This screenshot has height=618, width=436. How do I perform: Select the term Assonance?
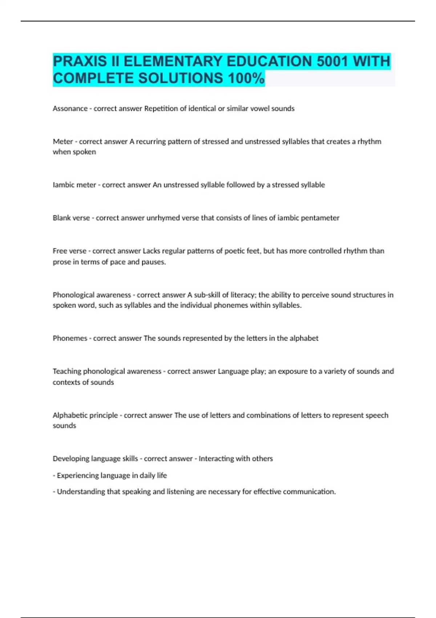(70, 109)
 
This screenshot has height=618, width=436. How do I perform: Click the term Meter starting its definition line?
(63, 141)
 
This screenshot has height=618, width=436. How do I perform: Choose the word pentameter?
(320, 218)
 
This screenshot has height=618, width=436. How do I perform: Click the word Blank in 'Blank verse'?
(61, 218)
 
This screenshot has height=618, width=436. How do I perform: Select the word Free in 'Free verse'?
(59, 251)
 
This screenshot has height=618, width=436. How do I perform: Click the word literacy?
(243, 295)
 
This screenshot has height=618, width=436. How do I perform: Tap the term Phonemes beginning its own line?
(70, 338)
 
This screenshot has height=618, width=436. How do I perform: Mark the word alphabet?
(304, 338)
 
